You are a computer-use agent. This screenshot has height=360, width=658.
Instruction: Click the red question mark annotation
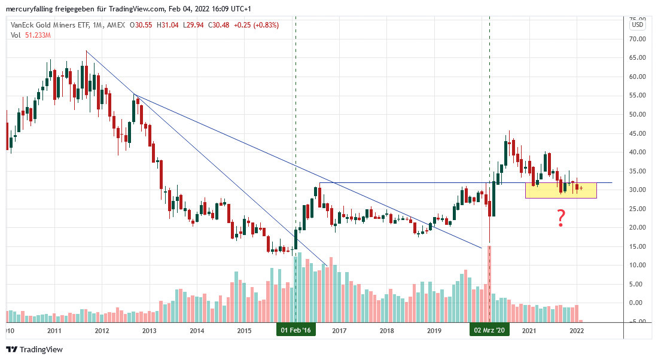pos(561,218)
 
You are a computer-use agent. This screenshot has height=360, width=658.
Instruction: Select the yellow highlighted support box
pos(560,190)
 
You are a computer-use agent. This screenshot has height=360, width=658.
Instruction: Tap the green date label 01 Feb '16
pos(296,330)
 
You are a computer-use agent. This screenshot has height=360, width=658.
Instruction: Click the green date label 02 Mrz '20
pos(490,330)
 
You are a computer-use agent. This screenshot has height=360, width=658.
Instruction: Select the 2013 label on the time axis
pos(149,330)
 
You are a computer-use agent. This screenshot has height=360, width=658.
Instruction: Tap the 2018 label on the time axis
pos(386,330)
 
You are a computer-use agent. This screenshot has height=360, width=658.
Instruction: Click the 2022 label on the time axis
pos(577,330)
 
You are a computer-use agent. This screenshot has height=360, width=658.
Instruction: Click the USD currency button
pos(638,25)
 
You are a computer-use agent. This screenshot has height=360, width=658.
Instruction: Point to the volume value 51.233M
pos(36,35)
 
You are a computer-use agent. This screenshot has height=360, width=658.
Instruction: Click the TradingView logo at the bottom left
pos(34,349)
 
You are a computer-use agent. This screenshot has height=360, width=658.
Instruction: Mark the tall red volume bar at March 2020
pos(489,281)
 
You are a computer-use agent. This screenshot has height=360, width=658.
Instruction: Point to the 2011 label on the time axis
pos(54,330)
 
